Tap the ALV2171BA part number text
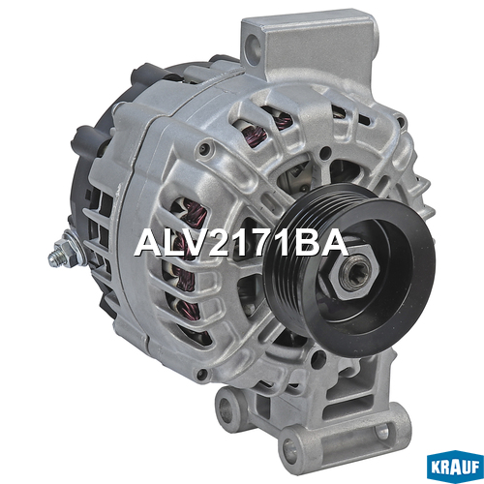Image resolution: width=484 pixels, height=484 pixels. [241, 243]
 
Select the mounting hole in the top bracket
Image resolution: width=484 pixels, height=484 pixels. [255, 48]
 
